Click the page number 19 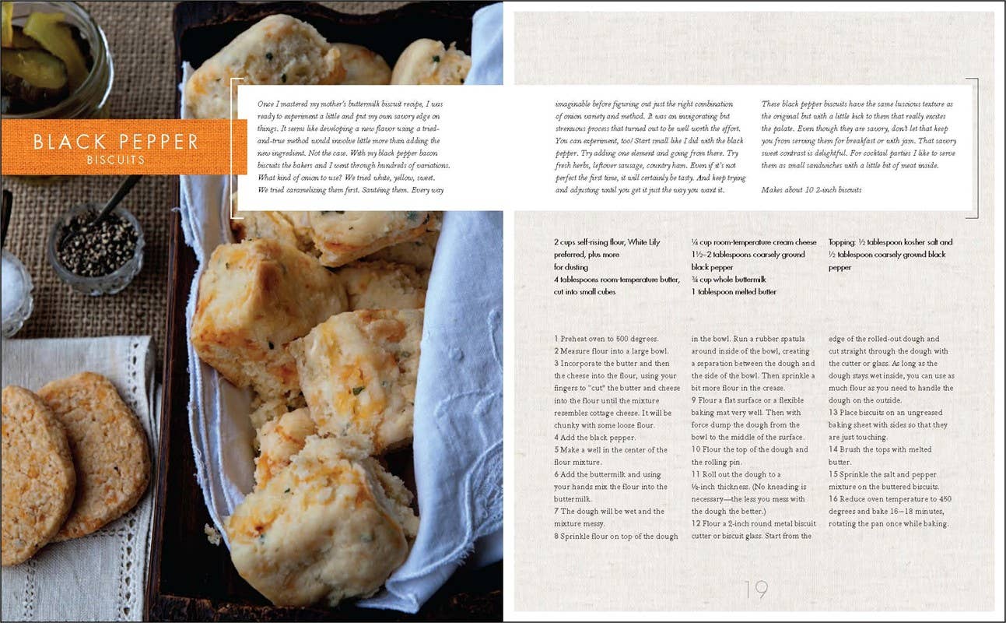coord(755,590)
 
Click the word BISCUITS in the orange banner coord(116,160)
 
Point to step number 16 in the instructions coord(834,498)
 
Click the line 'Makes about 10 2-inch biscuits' coord(811,189)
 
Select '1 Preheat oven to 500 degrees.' coord(606,339)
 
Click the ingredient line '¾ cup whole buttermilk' coord(728,280)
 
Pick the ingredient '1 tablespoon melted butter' coord(734,292)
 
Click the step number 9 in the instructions coord(694,400)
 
